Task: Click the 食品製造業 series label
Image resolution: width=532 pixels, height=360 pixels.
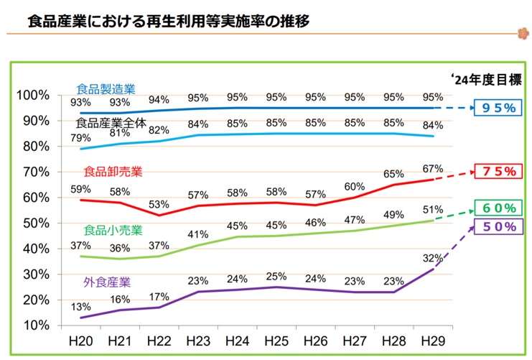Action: pyautogui.click(x=106, y=89)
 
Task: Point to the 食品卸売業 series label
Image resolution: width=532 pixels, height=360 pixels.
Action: pyautogui.click(x=113, y=171)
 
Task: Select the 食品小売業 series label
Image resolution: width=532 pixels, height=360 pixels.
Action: pyautogui.click(x=113, y=231)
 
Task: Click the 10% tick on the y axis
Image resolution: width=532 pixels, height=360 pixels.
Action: pyautogui.click(x=34, y=325)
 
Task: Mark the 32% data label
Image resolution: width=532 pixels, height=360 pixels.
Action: pyautogui.click(x=433, y=258)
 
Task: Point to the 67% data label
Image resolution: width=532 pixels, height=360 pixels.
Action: pyautogui.click(x=433, y=168)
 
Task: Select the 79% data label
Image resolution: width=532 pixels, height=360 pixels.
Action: pyautogui.click(x=80, y=137)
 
